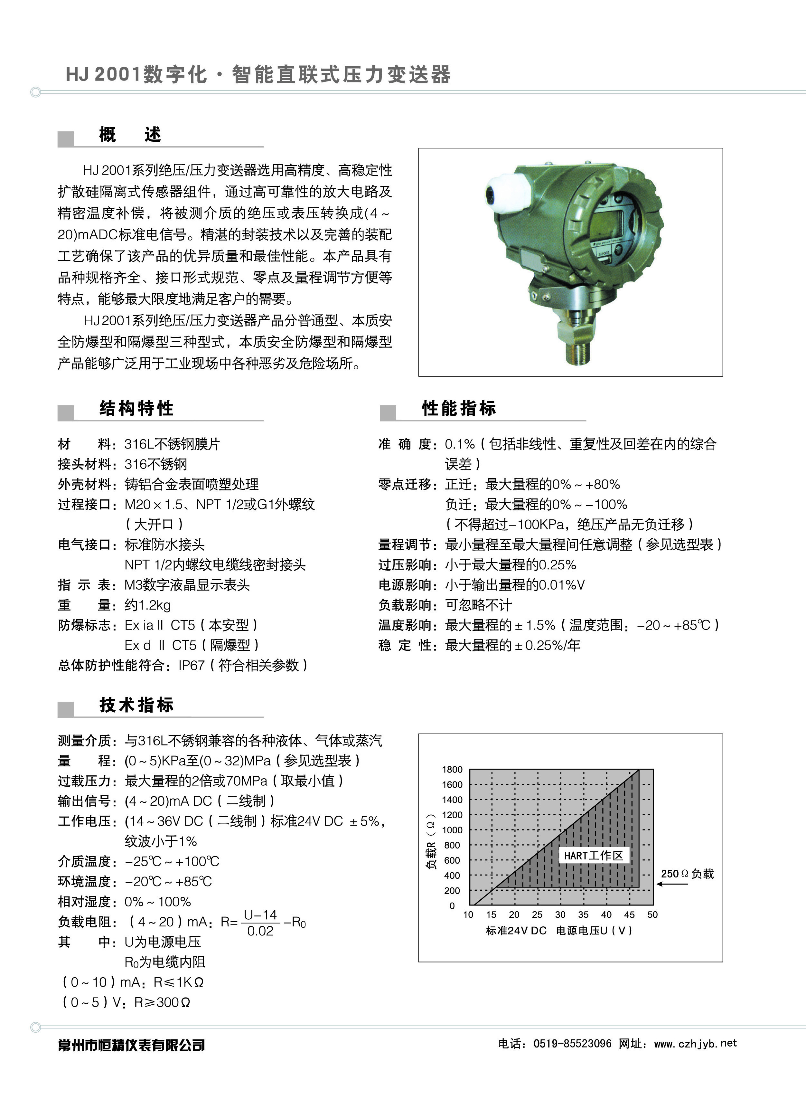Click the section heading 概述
[x=130, y=135]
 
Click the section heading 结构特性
[x=136, y=408]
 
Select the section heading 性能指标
[x=459, y=408]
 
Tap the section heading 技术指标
[x=136, y=705]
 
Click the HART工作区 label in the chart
[x=593, y=856]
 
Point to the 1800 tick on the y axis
[x=452, y=770]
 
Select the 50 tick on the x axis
[x=652, y=914]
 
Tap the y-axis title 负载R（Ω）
[x=431, y=841]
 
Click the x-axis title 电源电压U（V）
[x=594, y=931]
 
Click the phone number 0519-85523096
[x=572, y=1043]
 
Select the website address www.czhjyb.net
[x=695, y=1043]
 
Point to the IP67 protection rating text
[x=191, y=665]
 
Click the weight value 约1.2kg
[x=148, y=605]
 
